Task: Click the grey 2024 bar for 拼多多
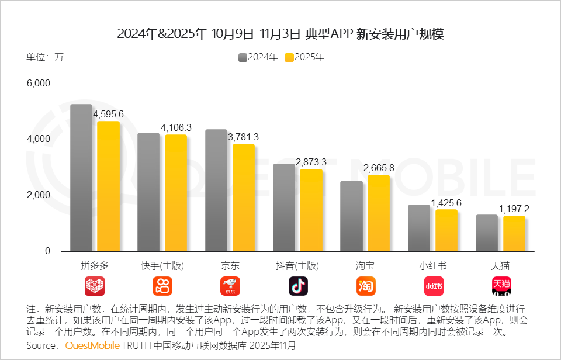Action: pos(81,178)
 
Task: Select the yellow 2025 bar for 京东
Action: pos(244,198)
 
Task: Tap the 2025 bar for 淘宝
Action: pos(379,213)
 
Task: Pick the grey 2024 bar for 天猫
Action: pos(487,233)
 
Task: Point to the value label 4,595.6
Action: pos(109,113)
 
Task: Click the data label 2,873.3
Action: pos(311,161)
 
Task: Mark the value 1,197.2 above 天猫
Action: pos(514,208)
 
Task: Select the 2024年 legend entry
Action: pos(258,57)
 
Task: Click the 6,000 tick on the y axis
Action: pos(39,84)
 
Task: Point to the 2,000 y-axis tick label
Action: pos(39,195)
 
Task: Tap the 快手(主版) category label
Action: pos(162,266)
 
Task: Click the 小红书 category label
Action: pos(433,266)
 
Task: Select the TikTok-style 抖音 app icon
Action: pos(298,286)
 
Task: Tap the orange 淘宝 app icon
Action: pos(366,286)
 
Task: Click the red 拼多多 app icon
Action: pos(95,286)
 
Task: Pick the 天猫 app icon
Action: pos(501,286)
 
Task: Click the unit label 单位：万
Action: pos(44,57)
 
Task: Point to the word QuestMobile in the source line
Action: pos(92,345)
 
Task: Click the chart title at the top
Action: pos(280,34)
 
